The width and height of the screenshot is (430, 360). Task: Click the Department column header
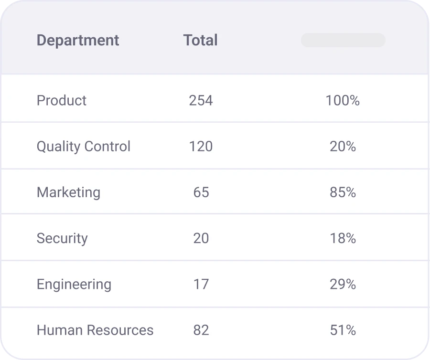[78, 41]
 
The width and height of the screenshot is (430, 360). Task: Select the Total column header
[200, 41]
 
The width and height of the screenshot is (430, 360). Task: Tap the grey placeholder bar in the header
[343, 40]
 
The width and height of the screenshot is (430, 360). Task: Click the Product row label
[62, 100]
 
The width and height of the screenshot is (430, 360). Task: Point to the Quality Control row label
[84, 146]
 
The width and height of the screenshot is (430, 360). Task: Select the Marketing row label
[68, 192]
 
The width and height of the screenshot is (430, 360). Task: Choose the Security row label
[62, 238]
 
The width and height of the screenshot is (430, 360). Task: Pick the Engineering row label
[74, 284]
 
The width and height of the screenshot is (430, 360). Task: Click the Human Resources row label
[95, 330]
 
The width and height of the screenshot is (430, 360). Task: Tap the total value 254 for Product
[201, 100]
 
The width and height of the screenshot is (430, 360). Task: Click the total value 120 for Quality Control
[201, 146]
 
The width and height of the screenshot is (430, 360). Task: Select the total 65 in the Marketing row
[201, 192]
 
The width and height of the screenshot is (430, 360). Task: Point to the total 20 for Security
[201, 238]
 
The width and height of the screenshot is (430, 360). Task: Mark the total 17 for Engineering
[201, 284]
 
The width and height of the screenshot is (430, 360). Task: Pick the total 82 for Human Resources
[201, 330]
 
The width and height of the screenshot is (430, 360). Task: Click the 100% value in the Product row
[343, 100]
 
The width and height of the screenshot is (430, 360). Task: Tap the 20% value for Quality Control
[343, 146]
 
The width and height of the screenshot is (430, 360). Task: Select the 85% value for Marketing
[343, 192]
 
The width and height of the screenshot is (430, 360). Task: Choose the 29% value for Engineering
[343, 284]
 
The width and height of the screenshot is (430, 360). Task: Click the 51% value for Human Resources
[343, 330]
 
